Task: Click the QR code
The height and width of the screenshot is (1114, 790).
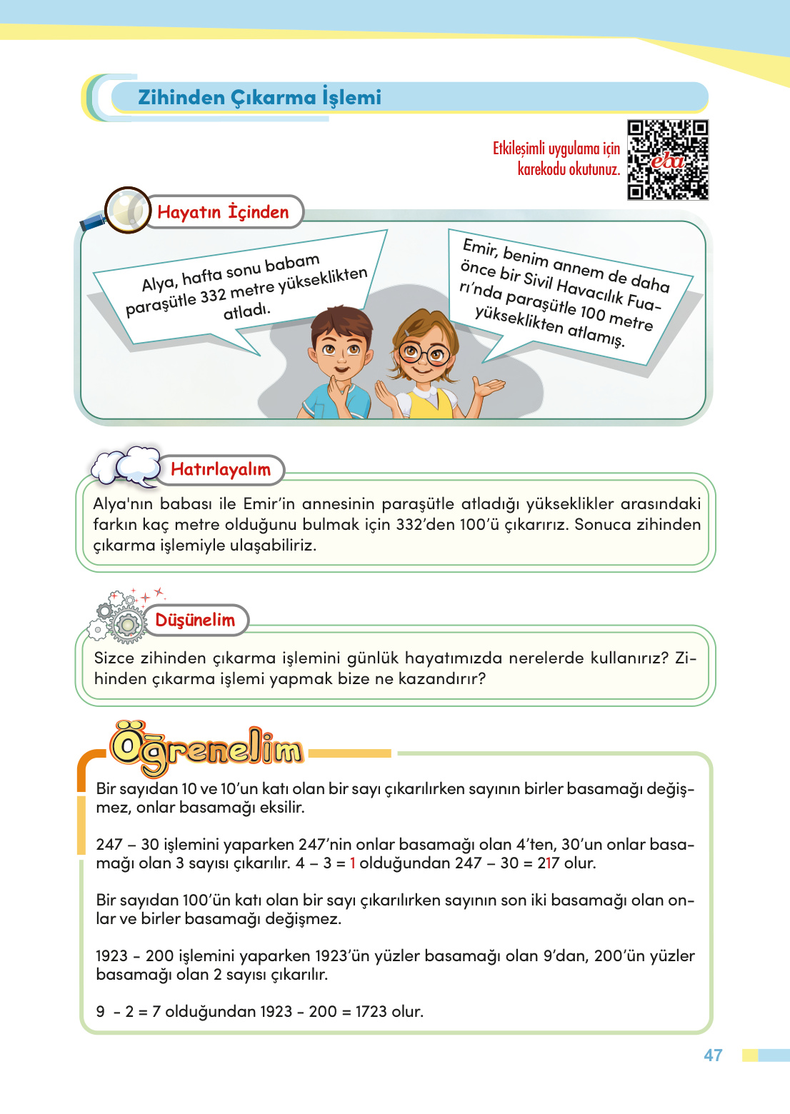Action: [668, 160]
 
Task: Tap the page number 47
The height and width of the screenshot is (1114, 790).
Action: [713, 1055]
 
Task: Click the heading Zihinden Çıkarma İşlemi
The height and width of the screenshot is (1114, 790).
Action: [259, 97]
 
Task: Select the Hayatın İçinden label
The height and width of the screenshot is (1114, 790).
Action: [223, 212]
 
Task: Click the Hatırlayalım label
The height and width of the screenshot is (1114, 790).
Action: [221, 469]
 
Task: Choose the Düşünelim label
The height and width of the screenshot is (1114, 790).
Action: [195, 620]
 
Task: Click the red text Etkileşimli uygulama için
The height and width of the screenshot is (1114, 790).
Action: [556, 149]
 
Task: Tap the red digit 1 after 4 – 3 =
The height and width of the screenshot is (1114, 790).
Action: [353, 863]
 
